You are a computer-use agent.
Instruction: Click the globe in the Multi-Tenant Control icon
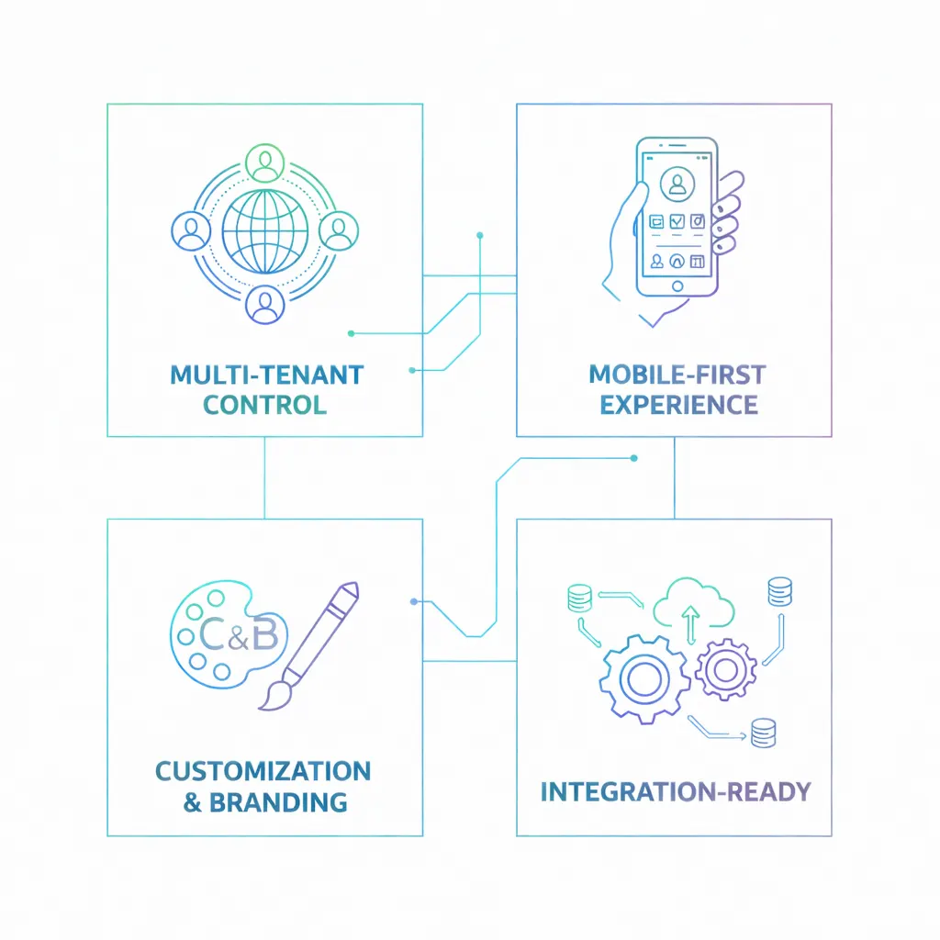(264, 229)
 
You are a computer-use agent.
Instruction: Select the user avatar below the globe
(265, 306)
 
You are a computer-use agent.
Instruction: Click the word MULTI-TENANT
(266, 375)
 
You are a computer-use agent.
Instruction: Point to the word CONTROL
(264, 404)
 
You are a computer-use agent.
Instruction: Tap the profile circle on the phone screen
(677, 185)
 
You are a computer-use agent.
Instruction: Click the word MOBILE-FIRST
(677, 375)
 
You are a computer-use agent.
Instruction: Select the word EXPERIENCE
(678, 404)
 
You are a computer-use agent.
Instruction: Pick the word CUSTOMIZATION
(263, 770)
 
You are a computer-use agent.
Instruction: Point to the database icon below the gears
(762, 732)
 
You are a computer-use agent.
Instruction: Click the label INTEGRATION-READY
(675, 790)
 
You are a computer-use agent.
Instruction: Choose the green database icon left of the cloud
(579, 598)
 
